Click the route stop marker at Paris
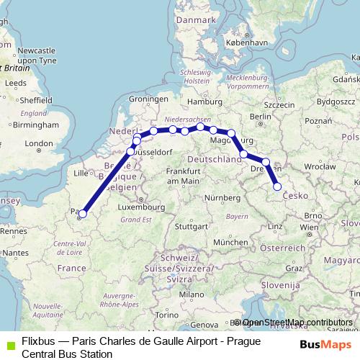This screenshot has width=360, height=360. coord(83,213)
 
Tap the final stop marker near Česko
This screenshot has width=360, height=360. coord(277,187)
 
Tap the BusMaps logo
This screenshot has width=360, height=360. coord(320,345)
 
